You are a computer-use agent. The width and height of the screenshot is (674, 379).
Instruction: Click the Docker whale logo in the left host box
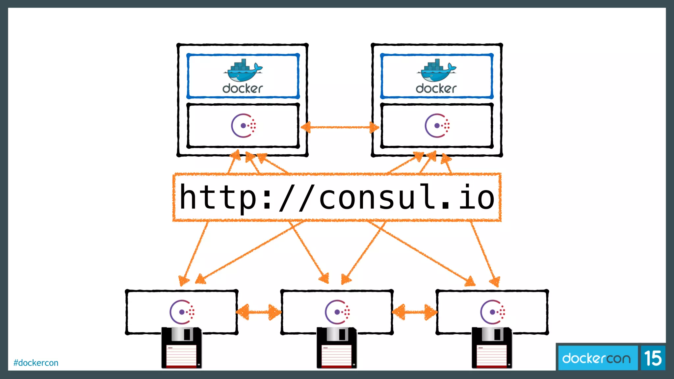tap(243, 70)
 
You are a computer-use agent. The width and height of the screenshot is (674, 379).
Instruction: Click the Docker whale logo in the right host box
tap(436, 70)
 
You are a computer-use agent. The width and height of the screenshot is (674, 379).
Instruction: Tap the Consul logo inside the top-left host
tap(243, 126)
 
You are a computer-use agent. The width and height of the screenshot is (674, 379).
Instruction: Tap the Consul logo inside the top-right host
tap(437, 126)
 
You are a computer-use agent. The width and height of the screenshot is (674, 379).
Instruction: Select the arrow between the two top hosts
tap(340, 127)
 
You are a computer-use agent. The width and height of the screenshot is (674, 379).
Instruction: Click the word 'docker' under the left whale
tap(243, 88)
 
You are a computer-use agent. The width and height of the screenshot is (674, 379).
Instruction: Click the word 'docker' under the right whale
tap(436, 88)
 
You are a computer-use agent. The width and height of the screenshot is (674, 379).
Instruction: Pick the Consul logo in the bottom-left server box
tap(182, 312)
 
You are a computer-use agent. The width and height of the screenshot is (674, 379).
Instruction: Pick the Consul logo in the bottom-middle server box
tap(337, 312)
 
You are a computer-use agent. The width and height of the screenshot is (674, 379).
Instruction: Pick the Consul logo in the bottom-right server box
tap(492, 312)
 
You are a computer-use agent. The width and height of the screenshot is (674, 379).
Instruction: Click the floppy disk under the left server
tap(181, 348)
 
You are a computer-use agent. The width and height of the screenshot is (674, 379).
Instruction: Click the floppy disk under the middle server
tap(337, 348)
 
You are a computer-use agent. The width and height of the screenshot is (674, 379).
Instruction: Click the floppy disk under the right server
tap(492, 348)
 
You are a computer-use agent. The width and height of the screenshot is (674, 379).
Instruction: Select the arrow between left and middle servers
tap(259, 312)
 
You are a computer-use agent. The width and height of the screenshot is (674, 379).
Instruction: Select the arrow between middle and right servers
tap(415, 312)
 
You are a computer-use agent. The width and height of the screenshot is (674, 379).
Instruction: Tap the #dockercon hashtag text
tap(36, 363)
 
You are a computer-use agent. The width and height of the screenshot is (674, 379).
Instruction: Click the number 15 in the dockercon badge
tap(653, 358)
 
